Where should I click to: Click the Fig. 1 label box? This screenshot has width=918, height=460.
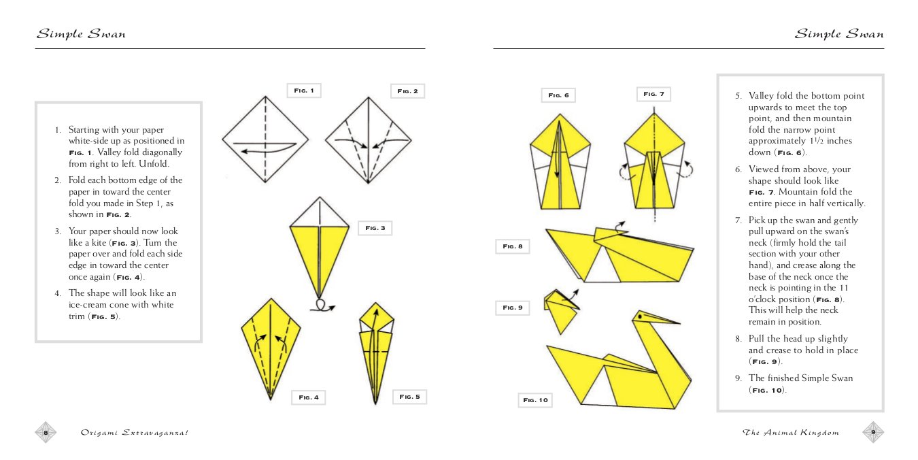tap(303, 91)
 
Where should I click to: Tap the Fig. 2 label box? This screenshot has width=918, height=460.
tap(407, 91)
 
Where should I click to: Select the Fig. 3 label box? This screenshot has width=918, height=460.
tap(375, 228)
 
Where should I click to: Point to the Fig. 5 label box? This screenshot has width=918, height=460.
tap(409, 396)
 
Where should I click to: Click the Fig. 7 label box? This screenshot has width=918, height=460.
tap(653, 94)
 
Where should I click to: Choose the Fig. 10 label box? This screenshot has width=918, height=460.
tap(535, 400)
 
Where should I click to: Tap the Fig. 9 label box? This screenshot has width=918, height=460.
tap(512, 308)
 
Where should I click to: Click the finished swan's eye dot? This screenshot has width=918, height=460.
tap(640, 316)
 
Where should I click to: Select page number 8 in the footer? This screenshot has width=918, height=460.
tap(46, 432)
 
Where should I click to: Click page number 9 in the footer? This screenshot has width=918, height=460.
tap(873, 432)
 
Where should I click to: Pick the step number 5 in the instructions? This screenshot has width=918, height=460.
tap(738, 96)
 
